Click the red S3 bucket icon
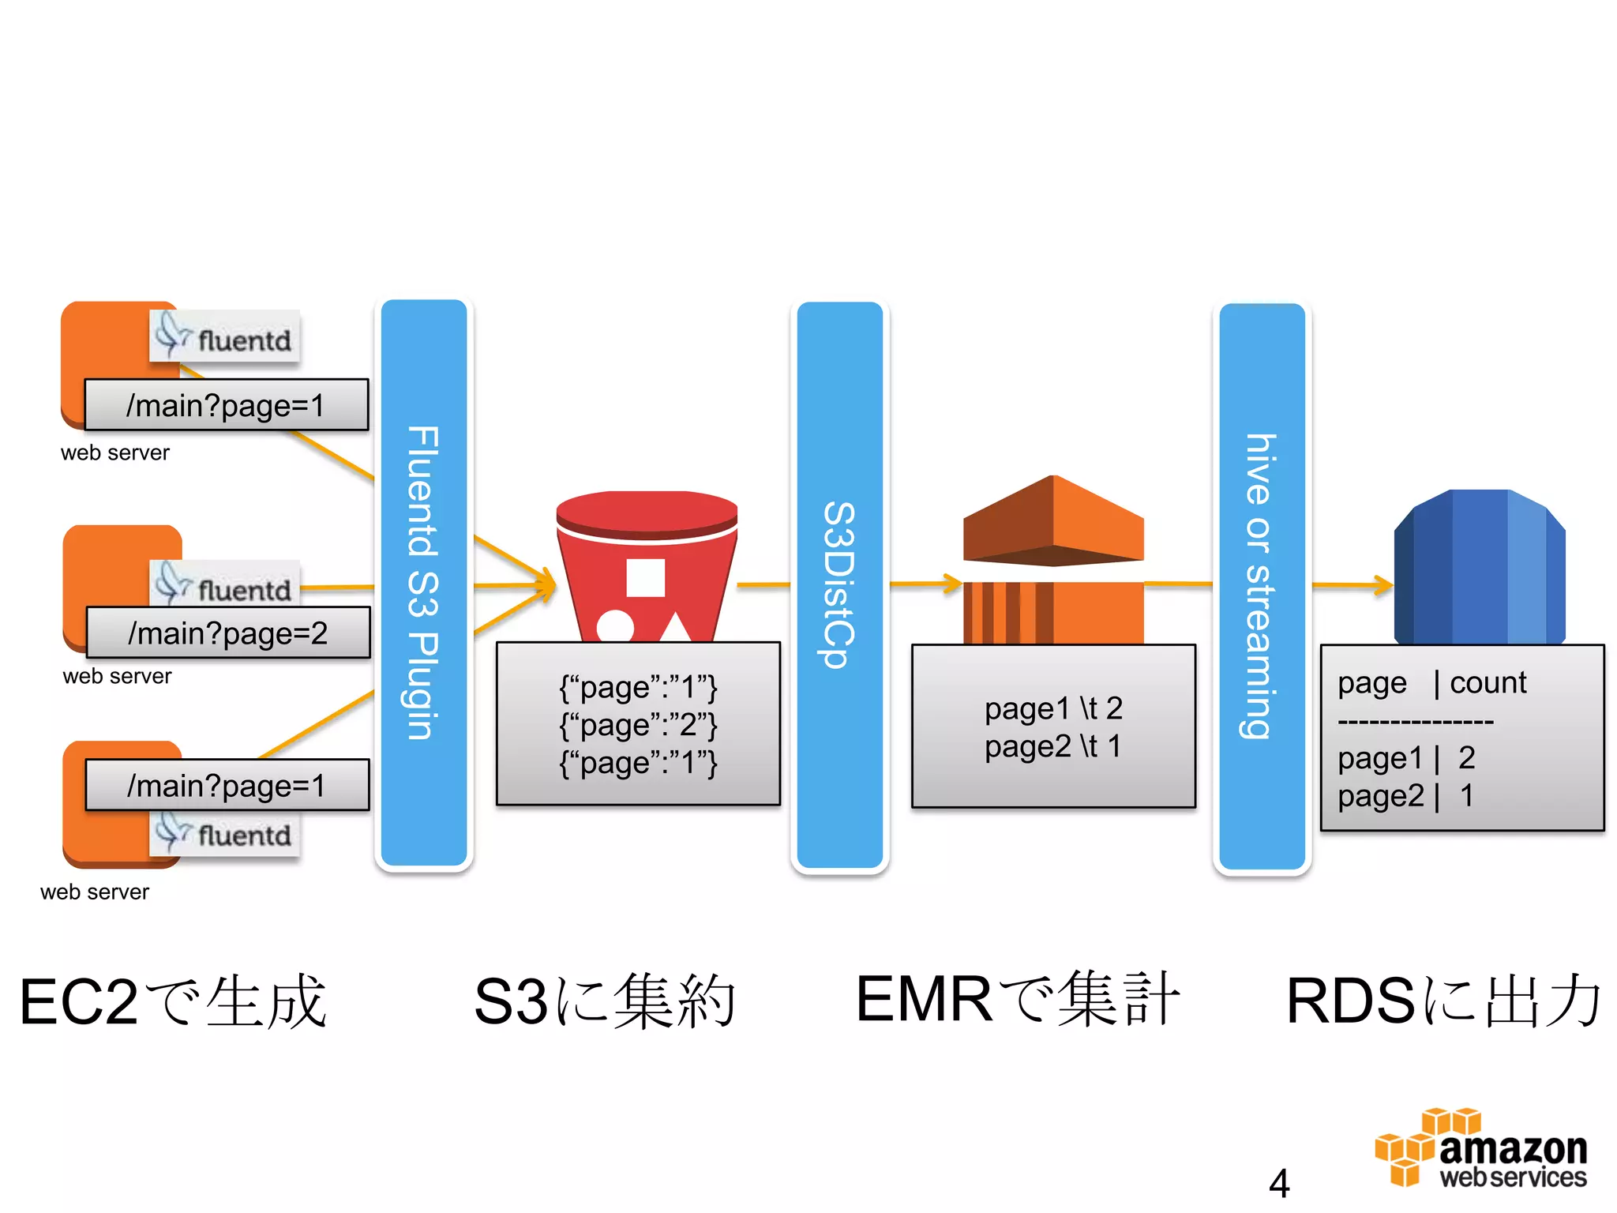(x=646, y=565)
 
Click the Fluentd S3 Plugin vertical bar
(x=424, y=583)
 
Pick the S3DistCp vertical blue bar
(x=839, y=585)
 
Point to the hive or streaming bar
(x=1261, y=585)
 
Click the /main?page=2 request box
(x=227, y=633)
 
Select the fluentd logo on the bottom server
(x=225, y=833)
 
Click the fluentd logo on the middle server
(x=225, y=587)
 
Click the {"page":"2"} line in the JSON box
(x=638, y=724)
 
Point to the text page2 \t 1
(x=1052, y=746)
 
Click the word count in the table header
(x=1488, y=682)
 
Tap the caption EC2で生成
(x=173, y=1001)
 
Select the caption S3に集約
(x=604, y=1001)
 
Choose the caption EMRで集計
(x=1017, y=1000)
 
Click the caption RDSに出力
(x=1443, y=1001)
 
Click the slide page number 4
(x=1278, y=1183)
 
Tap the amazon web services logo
(x=1481, y=1149)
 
